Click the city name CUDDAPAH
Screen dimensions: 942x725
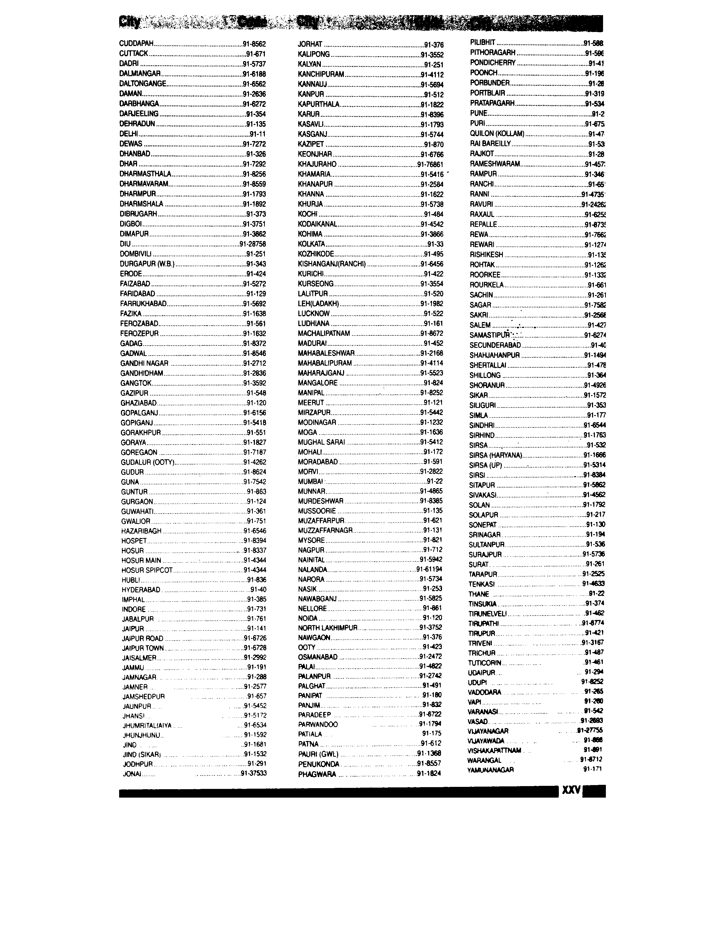click(x=136, y=43)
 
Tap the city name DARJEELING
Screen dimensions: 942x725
click(x=139, y=114)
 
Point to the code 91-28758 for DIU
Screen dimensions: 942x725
click(x=253, y=244)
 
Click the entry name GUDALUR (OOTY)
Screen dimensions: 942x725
click(x=148, y=462)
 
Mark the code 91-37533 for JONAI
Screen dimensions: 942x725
click(x=254, y=773)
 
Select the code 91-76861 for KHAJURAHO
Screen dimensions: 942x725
click(x=430, y=164)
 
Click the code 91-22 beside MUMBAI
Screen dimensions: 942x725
click(x=435, y=481)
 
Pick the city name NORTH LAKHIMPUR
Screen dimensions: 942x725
click(x=327, y=628)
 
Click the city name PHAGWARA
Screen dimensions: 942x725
click(x=317, y=774)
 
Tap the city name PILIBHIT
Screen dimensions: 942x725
click(x=482, y=43)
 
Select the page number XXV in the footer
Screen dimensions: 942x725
click(x=571, y=791)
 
